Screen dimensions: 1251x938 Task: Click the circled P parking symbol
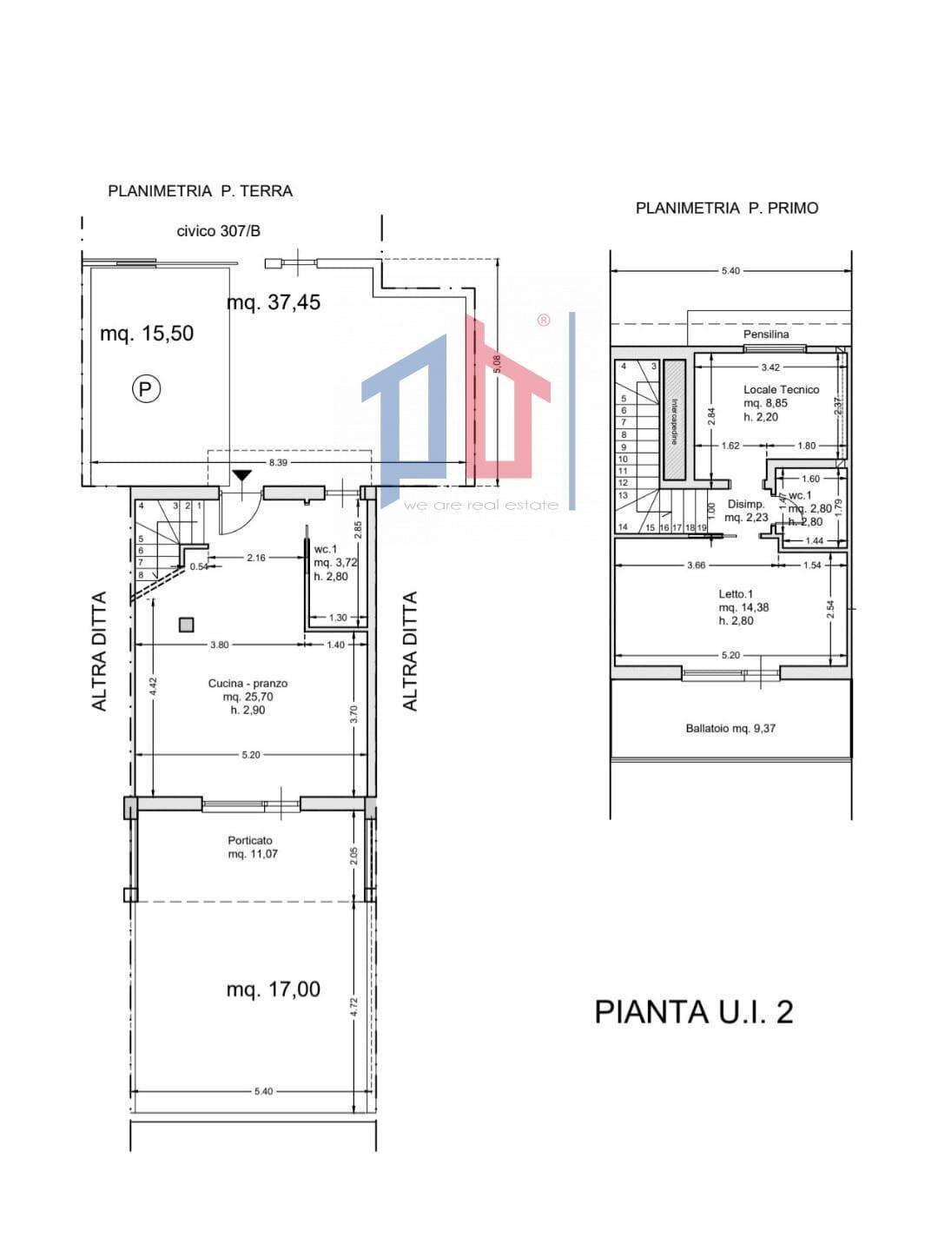click(146, 388)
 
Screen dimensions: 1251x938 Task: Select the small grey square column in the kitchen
click(186, 624)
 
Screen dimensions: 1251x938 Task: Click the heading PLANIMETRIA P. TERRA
click(200, 191)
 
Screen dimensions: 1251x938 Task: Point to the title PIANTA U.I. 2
click(693, 1012)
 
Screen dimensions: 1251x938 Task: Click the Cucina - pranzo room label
click(248, 684)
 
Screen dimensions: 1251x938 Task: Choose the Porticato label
click(250, 840)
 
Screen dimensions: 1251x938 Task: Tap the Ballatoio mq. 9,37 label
click(730, 728)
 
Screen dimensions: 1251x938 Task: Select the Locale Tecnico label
click(780, 389)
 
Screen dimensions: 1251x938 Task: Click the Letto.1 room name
click(736, 594)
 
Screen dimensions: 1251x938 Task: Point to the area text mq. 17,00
click(273, 989)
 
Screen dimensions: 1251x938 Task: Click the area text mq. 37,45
click(274, 302)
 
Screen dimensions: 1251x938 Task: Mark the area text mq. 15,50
click(147, 333)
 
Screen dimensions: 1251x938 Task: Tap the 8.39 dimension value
click(278, 463)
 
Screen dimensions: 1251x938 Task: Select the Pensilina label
click(765, 334)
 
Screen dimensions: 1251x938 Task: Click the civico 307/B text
click(218, 231)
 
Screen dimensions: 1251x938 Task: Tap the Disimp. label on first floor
click(745, 504)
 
